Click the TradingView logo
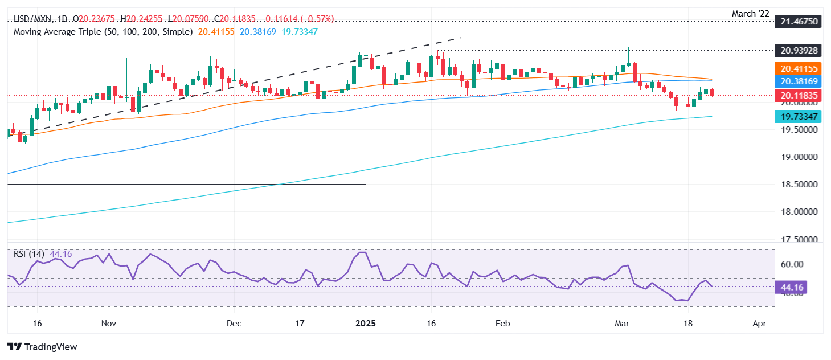coord(42,347)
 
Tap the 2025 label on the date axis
coord(366,323)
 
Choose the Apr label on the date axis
coord(759,323)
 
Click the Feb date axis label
coord(502,323)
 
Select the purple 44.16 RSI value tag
coord(791,288)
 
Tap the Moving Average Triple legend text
coord(103,32)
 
